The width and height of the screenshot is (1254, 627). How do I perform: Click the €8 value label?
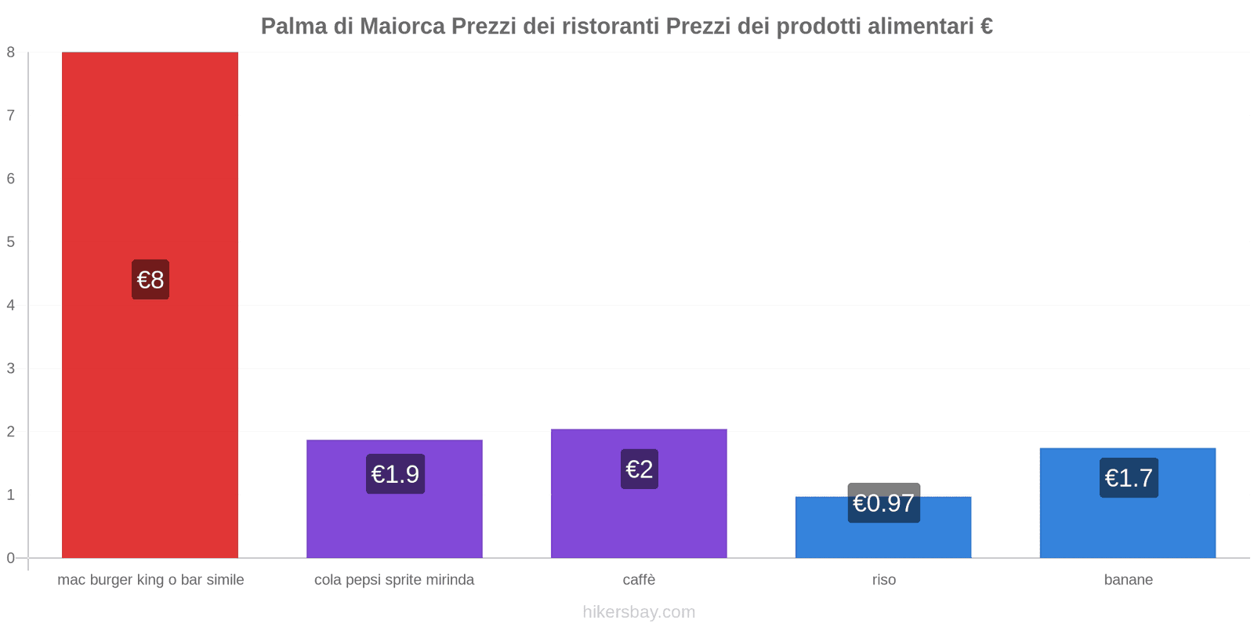tap(150, 280)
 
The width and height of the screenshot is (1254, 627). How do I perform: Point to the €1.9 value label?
tap(395, 474)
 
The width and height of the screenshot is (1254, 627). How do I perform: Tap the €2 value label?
tap(640, 469)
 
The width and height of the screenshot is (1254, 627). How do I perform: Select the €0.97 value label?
tap(883, 503)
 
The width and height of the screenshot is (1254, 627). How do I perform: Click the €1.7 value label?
tap(1129, 478)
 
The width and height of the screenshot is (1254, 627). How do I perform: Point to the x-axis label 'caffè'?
tap(639, 580)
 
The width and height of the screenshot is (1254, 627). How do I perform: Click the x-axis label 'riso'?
tap(883, 580)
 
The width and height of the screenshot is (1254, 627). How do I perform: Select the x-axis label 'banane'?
tap(1128, 580)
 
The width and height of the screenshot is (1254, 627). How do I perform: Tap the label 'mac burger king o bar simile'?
tap(150, 580)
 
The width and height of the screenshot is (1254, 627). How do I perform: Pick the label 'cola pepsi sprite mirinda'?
tap(394, 580)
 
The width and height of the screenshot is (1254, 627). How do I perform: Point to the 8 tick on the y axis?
tap(11, 53)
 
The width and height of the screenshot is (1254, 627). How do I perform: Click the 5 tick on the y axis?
tap(11, 242)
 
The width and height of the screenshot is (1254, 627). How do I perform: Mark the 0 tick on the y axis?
tap(11, 558)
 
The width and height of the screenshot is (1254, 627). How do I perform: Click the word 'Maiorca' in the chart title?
tap(402, 27)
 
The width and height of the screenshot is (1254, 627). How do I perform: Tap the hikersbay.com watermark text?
tap(639, 612)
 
